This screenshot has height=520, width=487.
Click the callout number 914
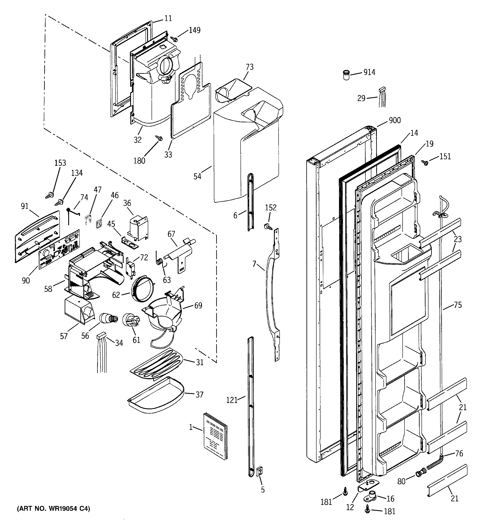(369, 72)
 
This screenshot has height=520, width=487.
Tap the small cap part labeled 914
(346, 75)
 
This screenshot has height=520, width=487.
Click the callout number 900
(394, 120)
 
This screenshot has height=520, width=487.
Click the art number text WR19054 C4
(53, 508)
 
